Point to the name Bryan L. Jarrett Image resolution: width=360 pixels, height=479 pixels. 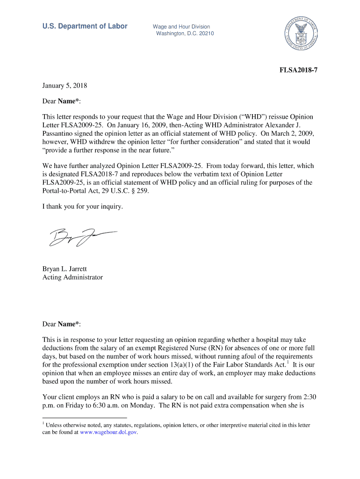click(65, 269)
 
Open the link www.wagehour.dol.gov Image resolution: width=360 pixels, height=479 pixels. click(108, 433)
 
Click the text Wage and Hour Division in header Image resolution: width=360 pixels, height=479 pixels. click(181, 27)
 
